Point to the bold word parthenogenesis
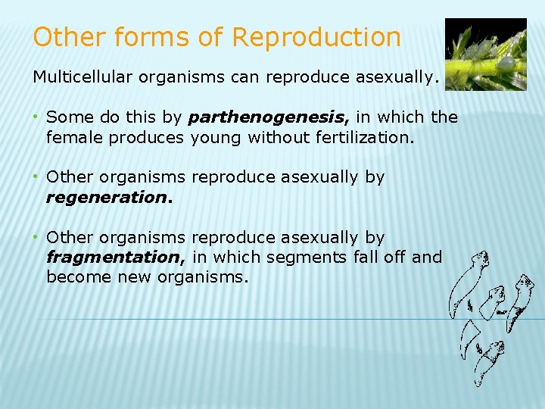269,117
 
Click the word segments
309,258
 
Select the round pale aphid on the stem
508,63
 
